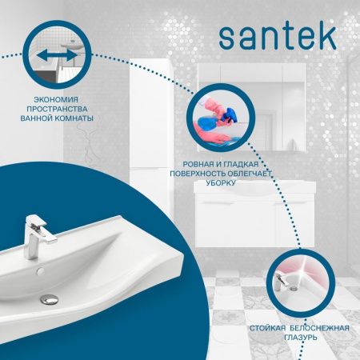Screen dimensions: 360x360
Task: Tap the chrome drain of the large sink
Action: point(50,298)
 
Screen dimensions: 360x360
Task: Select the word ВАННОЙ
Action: point(38,118)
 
